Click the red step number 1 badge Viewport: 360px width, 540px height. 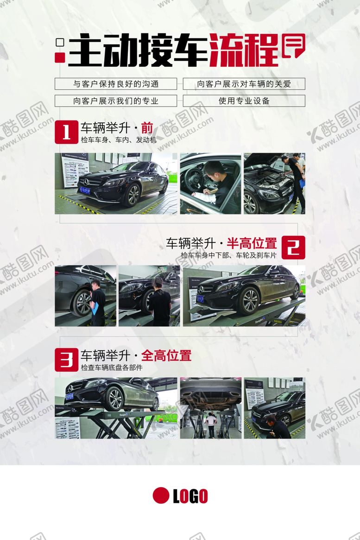click(x=66, y=132)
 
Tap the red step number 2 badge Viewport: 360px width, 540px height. click(x=293, y=247)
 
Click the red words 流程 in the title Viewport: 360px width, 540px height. click(x=244, y=51)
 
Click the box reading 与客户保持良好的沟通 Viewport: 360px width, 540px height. click(x=116, y=84)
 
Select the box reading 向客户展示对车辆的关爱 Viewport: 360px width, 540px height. click(x=244, y=84)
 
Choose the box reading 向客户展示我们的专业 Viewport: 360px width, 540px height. click(x=116, y=101)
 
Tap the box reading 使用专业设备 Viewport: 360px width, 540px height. click(x=244, y=101)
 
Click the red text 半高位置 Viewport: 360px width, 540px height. click(x=252, y=243)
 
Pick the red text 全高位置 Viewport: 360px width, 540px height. click(x=166, y=356)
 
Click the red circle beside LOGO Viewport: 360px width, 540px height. click(x=161, y=496)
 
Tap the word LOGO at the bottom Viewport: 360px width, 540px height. click(x=190, y=496)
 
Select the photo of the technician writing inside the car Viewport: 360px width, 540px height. click(x=210, y=184)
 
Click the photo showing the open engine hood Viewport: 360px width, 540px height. click(x=274, y=184)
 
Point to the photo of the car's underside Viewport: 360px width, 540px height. click(x=210, y=408)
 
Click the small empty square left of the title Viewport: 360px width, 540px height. click(x=59, y=43)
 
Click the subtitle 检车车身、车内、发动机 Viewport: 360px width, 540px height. click(x=119, y=140)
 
